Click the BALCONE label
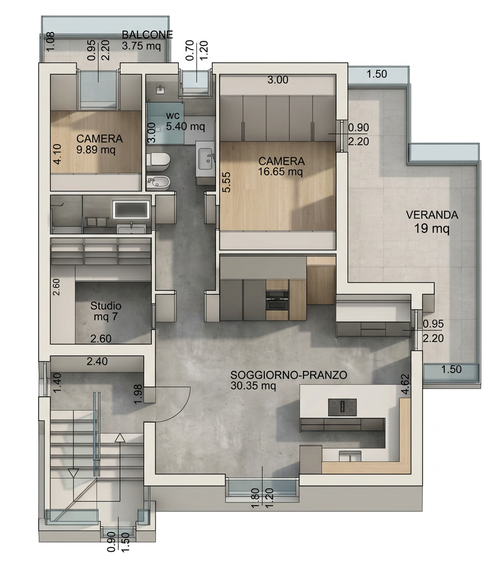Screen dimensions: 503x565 click(x=147, y=35)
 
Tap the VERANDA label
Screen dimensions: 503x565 click(x=432, y=215)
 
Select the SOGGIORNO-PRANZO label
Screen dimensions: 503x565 click(x=289, y=375)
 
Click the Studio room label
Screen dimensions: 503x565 click(x=106, y=306)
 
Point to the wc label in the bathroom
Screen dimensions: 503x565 click(x=173, y=116)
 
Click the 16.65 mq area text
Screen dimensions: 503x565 click(x=280, y=171)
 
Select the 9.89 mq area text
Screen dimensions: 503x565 click(x=96, y=149)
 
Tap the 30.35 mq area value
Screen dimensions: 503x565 click(x=253, y=386)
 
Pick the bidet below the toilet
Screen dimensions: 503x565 click(x=158, y=182)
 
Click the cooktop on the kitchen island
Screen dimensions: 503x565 click(x=342, y=408)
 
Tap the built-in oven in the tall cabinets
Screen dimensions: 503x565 click(x=277, y=300)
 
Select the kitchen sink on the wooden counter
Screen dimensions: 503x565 click(x=350, y=456)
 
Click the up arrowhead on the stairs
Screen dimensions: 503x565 click(x=120, y=438)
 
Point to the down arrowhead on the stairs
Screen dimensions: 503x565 click(x=73, y=473)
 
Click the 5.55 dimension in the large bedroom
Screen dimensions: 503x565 click(x=226, y=182)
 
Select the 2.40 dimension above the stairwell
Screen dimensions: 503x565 click(x=97, y=361)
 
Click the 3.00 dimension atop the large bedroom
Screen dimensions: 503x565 click(x=278, y=80)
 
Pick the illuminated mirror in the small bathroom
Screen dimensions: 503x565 click(x=131, y=209)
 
